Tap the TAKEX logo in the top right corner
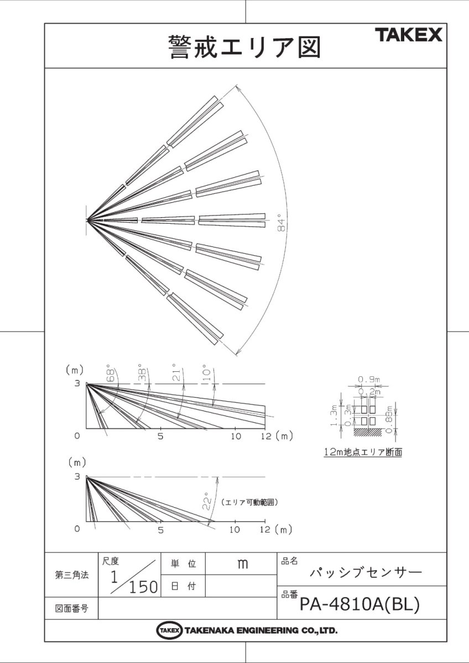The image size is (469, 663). (x=409, y=36)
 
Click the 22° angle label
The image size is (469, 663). (x=206, y=501)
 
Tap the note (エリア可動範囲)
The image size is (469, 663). (x=248, y=503)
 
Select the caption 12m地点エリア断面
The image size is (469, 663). (x=363, y=452)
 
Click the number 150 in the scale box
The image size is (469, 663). (x=143, y=587)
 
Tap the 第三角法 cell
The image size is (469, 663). (x=70, y=575)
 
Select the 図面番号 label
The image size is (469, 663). (x=70, y=608)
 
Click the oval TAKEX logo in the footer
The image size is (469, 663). (x=169, y=630)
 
